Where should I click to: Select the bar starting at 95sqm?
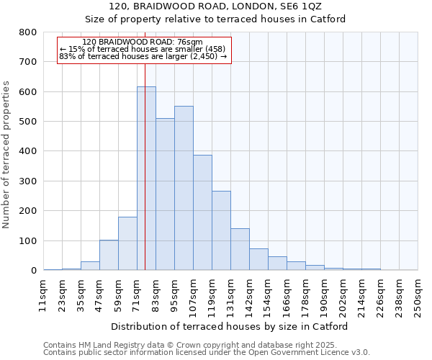coord(184,188)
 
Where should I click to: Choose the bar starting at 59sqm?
coord(127,243)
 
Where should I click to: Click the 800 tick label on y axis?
coord(27,32)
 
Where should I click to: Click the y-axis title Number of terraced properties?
coord(6,154)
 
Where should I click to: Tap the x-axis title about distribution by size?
coord(230,326)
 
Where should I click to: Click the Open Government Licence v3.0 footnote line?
coord(207,353)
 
